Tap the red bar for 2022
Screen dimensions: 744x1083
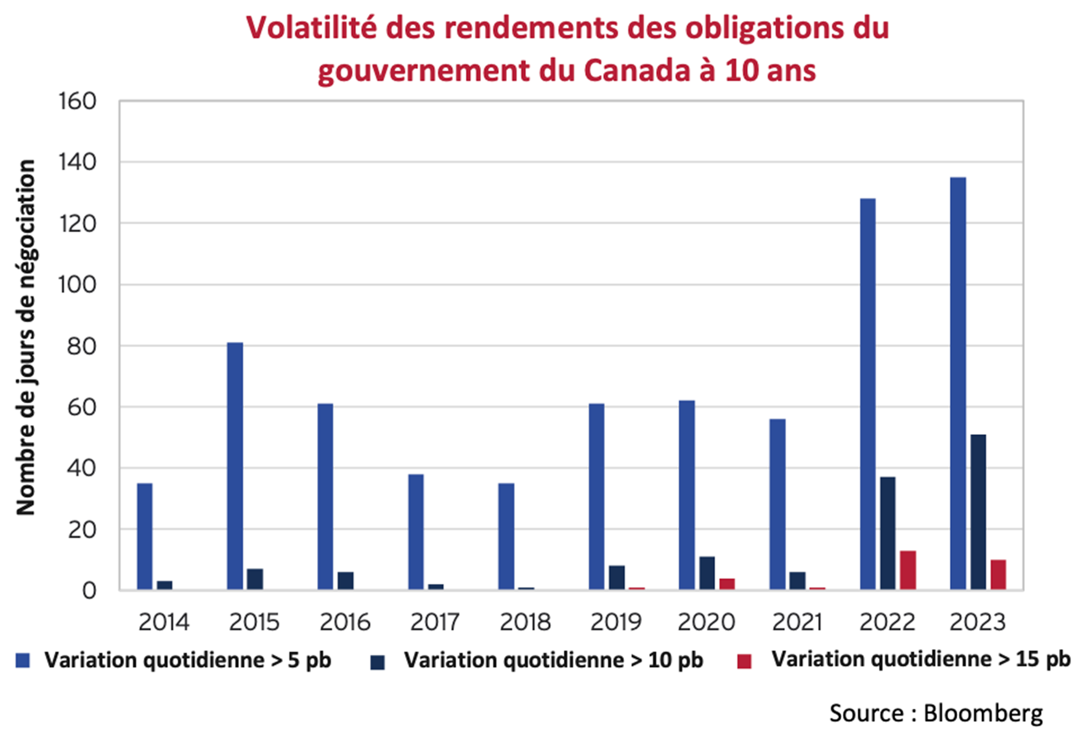click(x=908, y=570)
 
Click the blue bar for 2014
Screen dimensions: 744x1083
click(x=145, y=536)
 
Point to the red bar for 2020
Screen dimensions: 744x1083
click(x=727, y=584)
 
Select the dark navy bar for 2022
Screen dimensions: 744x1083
click(x=888, y=533)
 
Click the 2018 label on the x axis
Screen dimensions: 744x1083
click(x=525, y=622)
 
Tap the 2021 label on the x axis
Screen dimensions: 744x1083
click(x=797, y=622)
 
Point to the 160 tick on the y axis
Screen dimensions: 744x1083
click(x=78, y=101)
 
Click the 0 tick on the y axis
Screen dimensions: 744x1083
click(x=89, y=591)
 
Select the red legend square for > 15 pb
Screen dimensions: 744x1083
click(x=744, y=661)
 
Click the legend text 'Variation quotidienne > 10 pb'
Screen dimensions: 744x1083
click(x=553, y=660)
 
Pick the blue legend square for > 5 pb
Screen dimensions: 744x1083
click(x=23, y=661)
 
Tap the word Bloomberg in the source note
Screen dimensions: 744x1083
click(x=983, y=713)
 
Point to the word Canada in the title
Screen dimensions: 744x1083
click(x=636, y=70)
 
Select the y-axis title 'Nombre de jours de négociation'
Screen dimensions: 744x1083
click(x=26, y=337)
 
